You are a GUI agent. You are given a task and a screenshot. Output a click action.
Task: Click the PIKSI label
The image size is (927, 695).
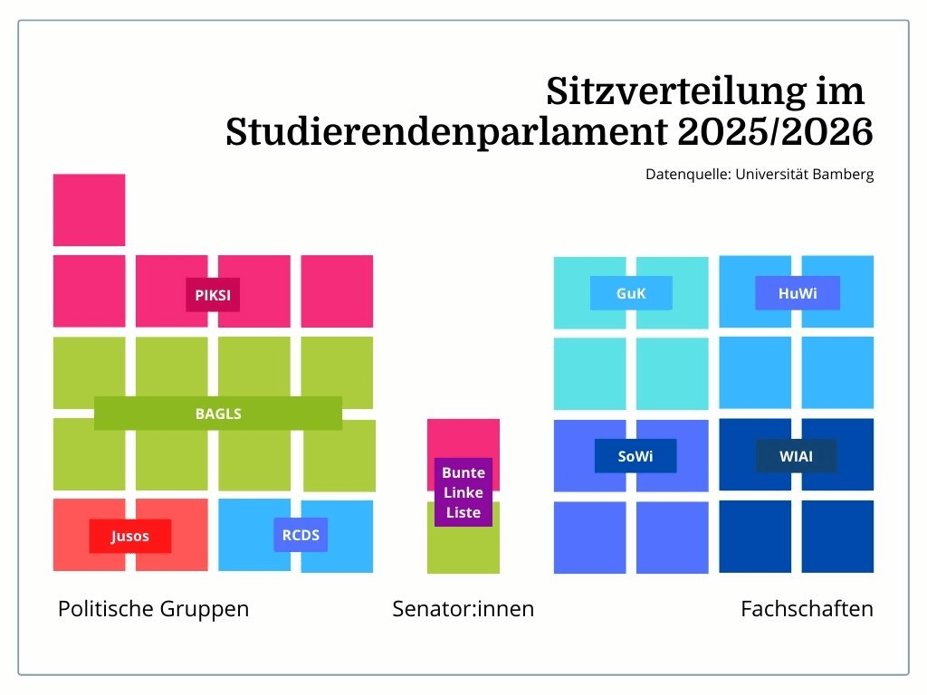pos(213,294)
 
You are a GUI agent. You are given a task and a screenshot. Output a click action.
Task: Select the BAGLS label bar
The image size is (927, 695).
pos(218,413)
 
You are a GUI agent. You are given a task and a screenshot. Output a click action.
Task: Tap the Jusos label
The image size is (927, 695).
pos(130,536)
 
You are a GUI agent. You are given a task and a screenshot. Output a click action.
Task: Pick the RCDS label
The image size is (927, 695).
pos(301,535)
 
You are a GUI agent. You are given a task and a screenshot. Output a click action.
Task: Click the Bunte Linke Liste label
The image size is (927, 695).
pos(463,491)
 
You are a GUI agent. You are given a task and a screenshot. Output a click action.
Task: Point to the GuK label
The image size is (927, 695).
pos(631,293)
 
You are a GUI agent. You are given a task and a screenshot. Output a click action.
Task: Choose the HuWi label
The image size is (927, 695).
pos(798,293)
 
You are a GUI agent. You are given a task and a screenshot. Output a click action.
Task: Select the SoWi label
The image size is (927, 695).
pos(636,456)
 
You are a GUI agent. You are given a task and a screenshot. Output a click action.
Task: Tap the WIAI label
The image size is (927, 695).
pos(797,456)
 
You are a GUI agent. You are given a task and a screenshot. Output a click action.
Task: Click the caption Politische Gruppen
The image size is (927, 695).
pos(154,609)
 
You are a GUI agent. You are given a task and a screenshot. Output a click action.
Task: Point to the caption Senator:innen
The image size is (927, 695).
pos(463,609)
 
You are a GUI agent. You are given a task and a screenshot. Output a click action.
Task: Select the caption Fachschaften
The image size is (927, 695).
pos(807,609)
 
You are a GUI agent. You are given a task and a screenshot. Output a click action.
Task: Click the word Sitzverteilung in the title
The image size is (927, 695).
pos(675,92)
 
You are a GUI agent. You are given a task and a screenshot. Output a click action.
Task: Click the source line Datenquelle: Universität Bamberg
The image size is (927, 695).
pos(760,175)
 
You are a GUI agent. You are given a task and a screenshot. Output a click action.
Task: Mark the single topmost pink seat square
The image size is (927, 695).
pos(90,210)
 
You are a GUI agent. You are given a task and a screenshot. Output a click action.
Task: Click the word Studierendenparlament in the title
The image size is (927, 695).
pos(446,132)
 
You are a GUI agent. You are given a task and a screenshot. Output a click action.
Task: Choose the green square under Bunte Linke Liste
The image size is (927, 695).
pos(463,549)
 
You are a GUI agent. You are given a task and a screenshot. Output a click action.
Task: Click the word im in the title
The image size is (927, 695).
pos(840,91)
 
